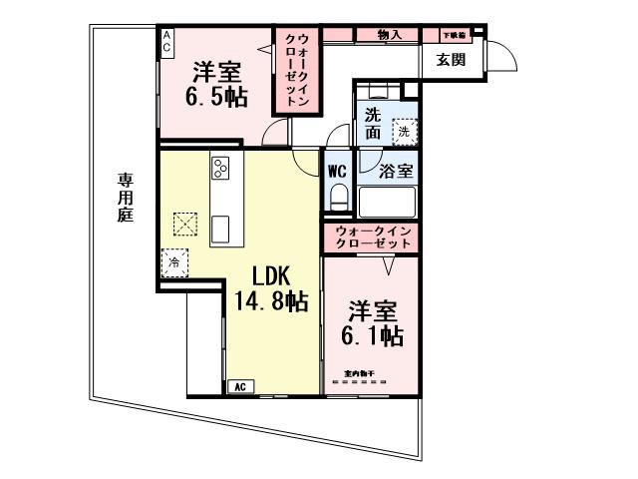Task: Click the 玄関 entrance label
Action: coord(451,59)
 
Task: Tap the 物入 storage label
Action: coord(390,35)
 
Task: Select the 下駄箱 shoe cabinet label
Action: coord(454,35)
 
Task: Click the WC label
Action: coord(337,171)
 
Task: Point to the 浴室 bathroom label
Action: coord(396,171)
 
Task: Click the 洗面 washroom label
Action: coord(373,122)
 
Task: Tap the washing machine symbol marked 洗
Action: coord(404,130)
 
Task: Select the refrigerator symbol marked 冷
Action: coord(173,262)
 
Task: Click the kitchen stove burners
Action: coord(221,167)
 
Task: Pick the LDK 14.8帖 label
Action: coord(269,288)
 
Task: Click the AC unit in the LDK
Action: coord(239,386)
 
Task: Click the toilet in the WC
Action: coord(337,195)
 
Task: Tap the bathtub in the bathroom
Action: coord(386,203)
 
